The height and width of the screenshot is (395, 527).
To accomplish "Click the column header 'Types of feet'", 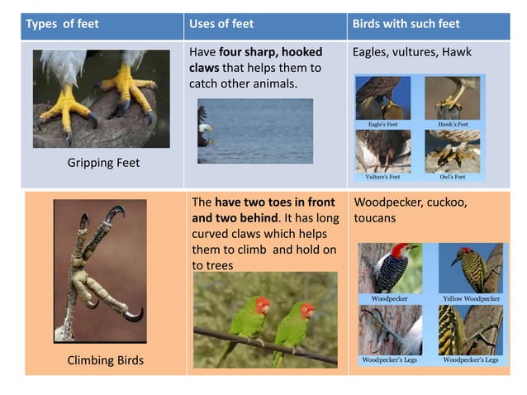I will click(62, 24).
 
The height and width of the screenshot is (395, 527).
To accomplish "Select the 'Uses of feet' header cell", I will click(221, 24).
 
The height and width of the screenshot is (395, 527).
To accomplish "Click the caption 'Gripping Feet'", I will click(103, 163).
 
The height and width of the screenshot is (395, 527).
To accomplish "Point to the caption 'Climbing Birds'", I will click(105, 360).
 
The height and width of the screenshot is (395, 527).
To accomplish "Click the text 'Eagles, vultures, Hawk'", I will click(411, 52).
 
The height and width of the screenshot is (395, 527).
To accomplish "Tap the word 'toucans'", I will click(374, 219).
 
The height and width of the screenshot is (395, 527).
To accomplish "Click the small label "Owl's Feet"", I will click(453, 176).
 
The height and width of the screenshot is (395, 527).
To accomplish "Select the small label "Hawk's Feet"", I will click(453, 124).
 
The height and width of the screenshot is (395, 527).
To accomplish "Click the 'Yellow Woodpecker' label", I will click(470, 298).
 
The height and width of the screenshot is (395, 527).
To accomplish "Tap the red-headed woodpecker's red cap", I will click(401, 250).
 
